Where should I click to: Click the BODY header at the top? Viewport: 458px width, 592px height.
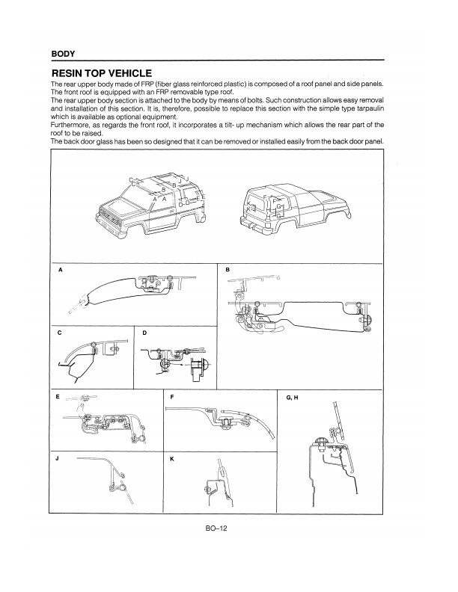coord(63,54)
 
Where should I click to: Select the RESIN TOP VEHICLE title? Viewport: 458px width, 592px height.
coord(102,73)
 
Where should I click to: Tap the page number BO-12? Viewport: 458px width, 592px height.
coord(216,528)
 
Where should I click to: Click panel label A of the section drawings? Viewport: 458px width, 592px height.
coord(60,270)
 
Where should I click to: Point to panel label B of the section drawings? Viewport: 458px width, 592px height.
coord(228,270)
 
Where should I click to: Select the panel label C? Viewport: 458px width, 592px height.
coord(59,333)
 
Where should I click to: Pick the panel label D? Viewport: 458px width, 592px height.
coord(144,333)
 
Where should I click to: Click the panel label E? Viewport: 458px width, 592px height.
coord(58,397)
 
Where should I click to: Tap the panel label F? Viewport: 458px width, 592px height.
coord(172,397)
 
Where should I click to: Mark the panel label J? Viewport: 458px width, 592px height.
coord(57,458)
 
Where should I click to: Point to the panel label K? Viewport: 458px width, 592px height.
coord(172,459)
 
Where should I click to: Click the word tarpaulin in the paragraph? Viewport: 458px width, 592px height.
coord(370,108)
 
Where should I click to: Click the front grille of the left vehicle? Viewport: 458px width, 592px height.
coord(112,218)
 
